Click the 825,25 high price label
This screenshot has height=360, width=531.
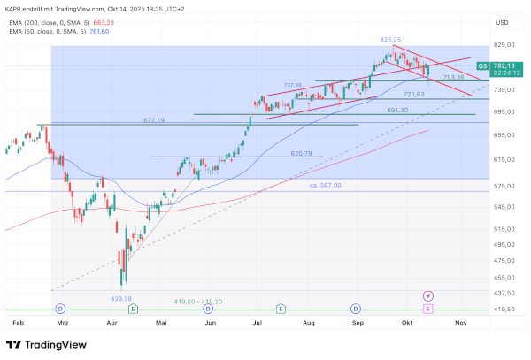391,40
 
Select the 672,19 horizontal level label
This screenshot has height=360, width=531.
155,119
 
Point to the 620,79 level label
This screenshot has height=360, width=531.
303,153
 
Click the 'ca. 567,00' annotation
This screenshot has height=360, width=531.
326,185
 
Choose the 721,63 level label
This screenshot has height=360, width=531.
414,94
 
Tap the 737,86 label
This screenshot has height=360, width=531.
293,85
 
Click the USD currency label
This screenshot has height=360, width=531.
502,22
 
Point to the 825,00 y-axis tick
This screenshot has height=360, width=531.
506,44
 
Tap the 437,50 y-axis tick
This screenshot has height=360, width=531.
506,293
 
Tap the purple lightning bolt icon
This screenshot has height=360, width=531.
428,295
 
